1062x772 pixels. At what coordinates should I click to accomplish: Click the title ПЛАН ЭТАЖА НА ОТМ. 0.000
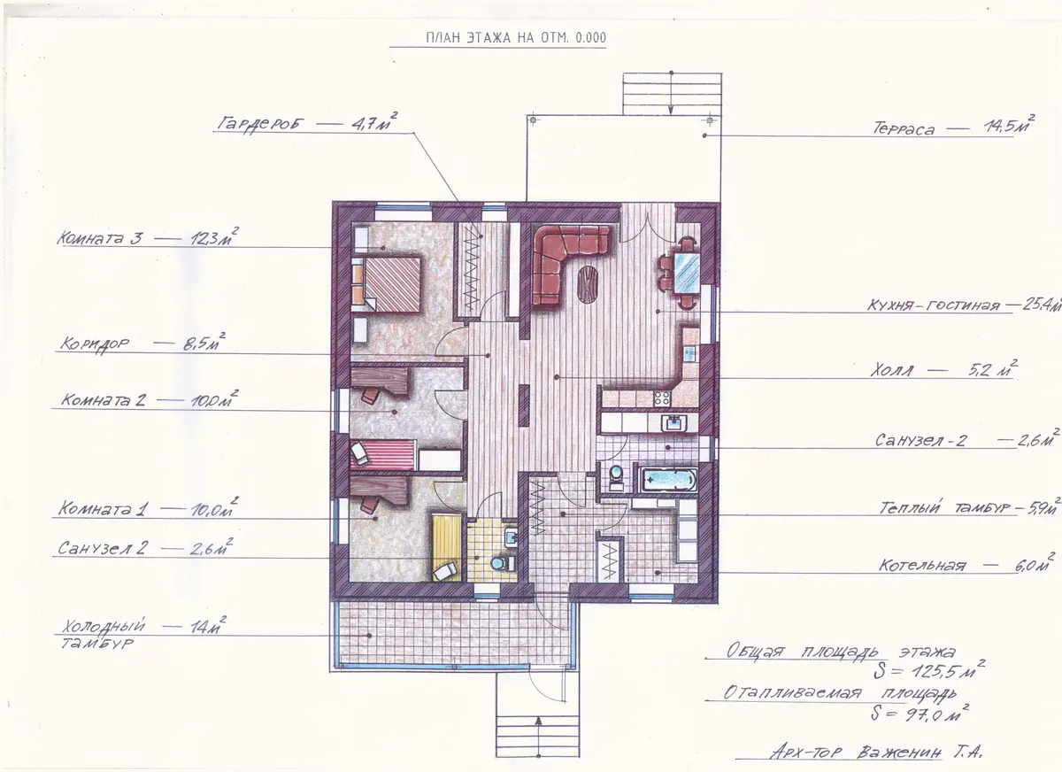pos(516,38)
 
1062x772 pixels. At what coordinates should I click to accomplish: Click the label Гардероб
pos(260,124)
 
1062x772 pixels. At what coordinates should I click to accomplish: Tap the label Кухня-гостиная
pos(934,305)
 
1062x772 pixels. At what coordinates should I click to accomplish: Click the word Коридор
pos(95,344)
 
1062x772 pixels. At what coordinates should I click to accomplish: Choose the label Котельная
pos(922,565)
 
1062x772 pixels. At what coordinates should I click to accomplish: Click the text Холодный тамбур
pos(104,635)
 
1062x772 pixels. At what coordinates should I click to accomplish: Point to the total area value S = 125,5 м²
pos(929,670)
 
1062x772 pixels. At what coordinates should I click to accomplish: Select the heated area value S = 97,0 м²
pos(920,714)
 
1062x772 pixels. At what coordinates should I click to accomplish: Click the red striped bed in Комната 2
pos(383,454)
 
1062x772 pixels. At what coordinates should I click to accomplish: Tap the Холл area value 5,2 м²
pos(993,369)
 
